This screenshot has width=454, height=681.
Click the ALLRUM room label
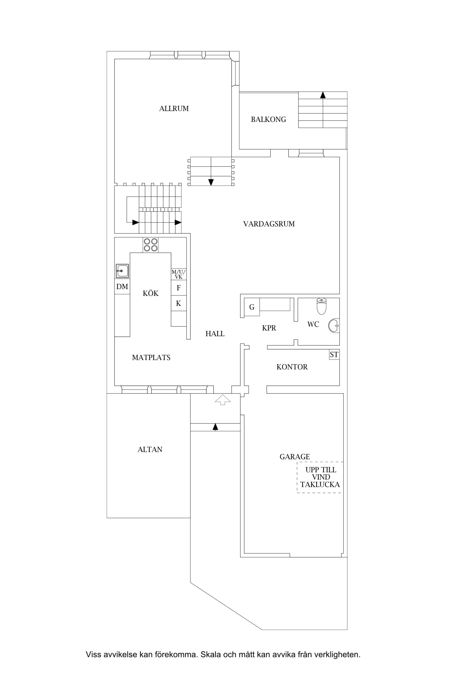point(174,108)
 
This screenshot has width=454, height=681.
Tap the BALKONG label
point(268,119)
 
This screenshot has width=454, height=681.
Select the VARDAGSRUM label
point(269,224)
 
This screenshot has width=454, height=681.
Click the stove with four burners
point(150,245)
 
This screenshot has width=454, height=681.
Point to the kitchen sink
point(122,271)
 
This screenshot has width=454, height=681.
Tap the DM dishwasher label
point(122,286)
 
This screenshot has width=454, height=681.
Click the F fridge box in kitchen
point(179,288)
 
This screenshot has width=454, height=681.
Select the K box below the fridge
point(179,303)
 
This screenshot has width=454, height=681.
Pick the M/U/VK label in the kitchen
point(179,274)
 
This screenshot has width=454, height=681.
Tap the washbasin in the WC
point(334,326)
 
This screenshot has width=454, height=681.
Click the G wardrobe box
point(252,307)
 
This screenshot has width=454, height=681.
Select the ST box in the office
point(334,354)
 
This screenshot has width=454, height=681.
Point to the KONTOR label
point(292,367)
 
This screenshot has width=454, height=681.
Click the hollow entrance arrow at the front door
point(223,400)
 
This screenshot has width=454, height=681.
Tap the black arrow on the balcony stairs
point(323,95)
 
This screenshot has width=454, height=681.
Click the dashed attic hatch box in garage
point(320,477)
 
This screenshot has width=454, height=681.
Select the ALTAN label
point(150,449)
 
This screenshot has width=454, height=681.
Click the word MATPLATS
point(151,357)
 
